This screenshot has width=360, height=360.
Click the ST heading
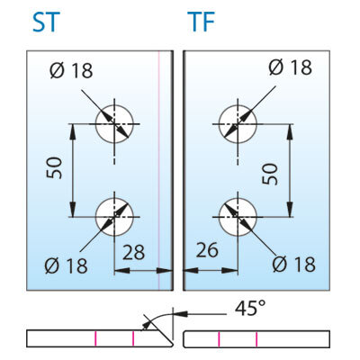pos(44,22)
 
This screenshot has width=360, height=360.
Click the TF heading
pos(202,22)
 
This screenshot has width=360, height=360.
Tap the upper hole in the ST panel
pos(114,124)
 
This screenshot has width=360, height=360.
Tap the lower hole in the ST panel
pos(114,217)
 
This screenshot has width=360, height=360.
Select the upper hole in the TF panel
pos(238,124)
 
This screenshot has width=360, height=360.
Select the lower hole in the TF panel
pos(238,217)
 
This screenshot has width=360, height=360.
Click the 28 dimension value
pos(133,252)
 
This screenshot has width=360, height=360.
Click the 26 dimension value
pos(207,250)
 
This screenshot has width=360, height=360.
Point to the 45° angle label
pos(250,308)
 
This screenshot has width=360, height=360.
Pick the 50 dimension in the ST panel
pos(54,168)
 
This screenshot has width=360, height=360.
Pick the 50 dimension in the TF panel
pos(270,174)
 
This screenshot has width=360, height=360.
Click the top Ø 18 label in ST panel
pos(71,70)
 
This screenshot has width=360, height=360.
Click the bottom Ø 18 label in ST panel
pos(66,265)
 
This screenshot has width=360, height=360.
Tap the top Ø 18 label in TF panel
pos(291,67)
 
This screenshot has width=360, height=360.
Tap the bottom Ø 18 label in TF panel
pos(294,264)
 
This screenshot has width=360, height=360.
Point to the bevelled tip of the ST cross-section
pos(172,345)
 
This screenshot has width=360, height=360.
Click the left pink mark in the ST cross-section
pos(95,338)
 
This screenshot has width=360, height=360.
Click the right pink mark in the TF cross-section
pos(256,338)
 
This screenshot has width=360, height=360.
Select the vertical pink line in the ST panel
pos(158,170)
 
